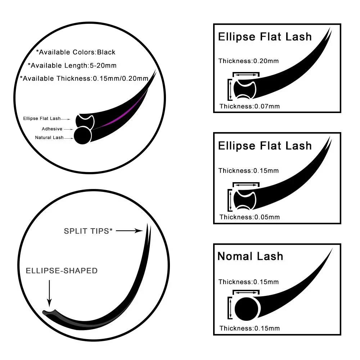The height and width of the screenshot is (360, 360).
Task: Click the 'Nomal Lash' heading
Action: (250, 256)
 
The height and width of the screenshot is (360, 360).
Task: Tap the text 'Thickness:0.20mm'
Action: (248, 61)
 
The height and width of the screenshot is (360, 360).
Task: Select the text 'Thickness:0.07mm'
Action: (249, 106)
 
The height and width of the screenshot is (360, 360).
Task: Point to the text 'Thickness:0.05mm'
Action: (249, 217)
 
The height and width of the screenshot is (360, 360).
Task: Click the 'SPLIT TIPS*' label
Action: (88, 231)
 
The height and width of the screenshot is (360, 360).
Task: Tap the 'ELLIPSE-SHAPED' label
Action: (62, 271)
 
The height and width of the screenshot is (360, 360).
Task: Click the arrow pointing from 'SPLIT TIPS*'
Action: (129, 231)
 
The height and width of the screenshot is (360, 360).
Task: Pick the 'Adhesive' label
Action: (52, 129)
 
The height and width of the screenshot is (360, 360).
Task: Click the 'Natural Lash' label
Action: (49, 138)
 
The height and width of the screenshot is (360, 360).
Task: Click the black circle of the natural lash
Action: (82, 135)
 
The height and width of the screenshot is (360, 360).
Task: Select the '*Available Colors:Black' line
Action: (76, 52)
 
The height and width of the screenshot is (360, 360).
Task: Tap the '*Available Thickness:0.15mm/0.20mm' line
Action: (84, 78)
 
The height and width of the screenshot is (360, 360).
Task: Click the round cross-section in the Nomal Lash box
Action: (247, 309)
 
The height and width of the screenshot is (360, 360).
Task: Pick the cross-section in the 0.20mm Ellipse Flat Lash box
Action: (245, 89)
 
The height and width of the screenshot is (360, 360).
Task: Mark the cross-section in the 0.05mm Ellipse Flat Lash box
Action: (245, 199)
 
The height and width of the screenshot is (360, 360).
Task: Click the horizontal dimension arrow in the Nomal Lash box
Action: (246, 293)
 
